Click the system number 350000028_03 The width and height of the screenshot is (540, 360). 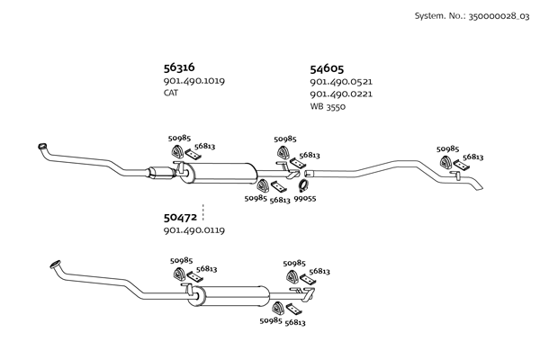[498, 16]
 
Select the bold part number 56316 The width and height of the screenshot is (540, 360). [179, 67]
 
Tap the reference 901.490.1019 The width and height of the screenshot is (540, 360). [193, 81]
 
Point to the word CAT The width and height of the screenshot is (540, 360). [171, 93]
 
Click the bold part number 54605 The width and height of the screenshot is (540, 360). [327, 68]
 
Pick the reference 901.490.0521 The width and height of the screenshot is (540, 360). [340, 82]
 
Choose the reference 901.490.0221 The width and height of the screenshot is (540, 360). [340, 94]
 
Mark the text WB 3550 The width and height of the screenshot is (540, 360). [328, 106]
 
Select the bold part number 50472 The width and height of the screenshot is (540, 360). [180, 217]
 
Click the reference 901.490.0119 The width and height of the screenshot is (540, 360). [193, 230]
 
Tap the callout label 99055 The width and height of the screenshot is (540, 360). [304, 199]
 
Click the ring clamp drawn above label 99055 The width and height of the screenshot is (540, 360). [303, 186]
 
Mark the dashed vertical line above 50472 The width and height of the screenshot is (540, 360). [203, 212]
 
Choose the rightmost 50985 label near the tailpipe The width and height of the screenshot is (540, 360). [447, 148]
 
